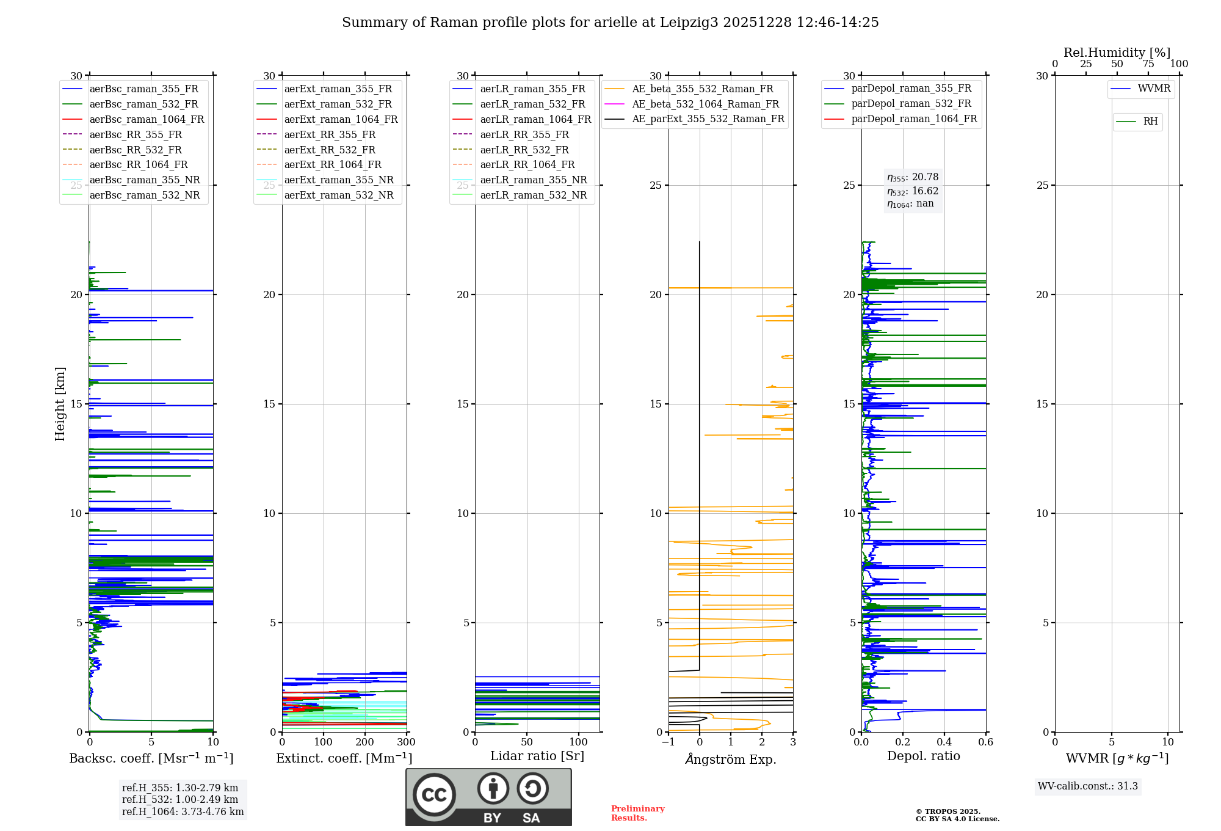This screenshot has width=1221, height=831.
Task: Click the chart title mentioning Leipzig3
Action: click(x=610, y=23)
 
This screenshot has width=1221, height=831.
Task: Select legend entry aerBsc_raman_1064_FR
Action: click(x=147, y=119)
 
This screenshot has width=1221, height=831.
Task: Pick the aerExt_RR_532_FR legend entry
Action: click(x=330, y=150)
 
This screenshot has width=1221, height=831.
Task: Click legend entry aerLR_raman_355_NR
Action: click(x=533, y=180)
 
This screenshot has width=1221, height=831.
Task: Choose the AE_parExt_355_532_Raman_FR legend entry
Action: click(x=708, y=119)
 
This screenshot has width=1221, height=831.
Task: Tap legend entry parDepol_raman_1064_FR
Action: click(x=914, y=119)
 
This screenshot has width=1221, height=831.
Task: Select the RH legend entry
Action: click(x=1150, y=122)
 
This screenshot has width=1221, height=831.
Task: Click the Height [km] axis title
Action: click(x=60, y=403)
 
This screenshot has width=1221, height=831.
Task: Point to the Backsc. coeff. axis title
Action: click(x=151, y=758)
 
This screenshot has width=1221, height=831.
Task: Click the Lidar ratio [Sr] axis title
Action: click(x=537, y=756)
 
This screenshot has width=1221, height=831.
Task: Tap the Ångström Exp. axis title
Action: click(x=730, y=760)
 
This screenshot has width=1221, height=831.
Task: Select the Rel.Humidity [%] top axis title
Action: click(x=1117, y=53)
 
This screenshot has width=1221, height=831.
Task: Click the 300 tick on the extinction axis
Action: click(x=406, y=742)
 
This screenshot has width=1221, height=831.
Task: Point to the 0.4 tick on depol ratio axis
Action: click(x=944, y=742)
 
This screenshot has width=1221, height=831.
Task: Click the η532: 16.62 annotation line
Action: click(x=913, y=191)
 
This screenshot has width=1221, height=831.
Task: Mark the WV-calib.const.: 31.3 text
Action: click(x=1087, y=786)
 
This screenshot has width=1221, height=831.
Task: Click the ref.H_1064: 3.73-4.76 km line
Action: click(x=183, y=812)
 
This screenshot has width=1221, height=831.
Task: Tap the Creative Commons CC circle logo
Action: click(x=434, y=795)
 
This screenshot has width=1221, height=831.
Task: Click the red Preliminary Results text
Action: click(x=637, y=813)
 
